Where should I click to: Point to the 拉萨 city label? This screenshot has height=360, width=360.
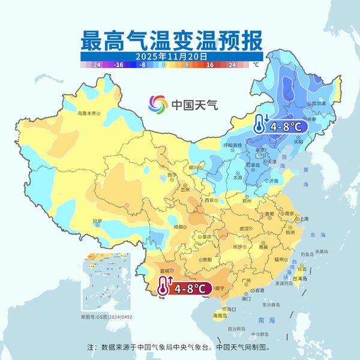coord(97,221)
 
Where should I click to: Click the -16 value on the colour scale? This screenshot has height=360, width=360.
coord(119,63)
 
